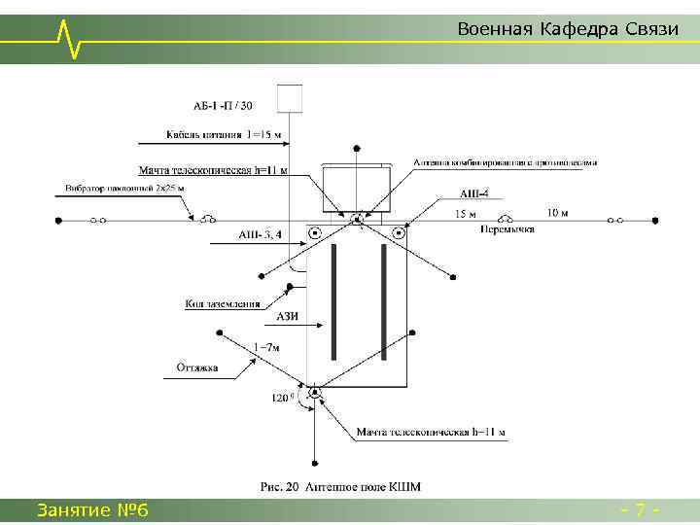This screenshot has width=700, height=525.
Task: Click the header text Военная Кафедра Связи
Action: point(567,29)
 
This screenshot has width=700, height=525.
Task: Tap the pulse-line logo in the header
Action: point(68,37)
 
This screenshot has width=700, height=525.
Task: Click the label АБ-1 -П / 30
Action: point(223,105)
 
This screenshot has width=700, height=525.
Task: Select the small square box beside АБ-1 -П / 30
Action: point(290,98)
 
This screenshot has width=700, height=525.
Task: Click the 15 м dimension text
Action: point(467,213)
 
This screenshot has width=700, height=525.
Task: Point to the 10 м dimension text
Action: point(558,212)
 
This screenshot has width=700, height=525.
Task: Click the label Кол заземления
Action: point(223,304)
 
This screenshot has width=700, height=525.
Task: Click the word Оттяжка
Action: point(197,367)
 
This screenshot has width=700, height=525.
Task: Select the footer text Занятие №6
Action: point(91,509)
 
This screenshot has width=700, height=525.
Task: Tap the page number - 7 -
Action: point(642,509)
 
